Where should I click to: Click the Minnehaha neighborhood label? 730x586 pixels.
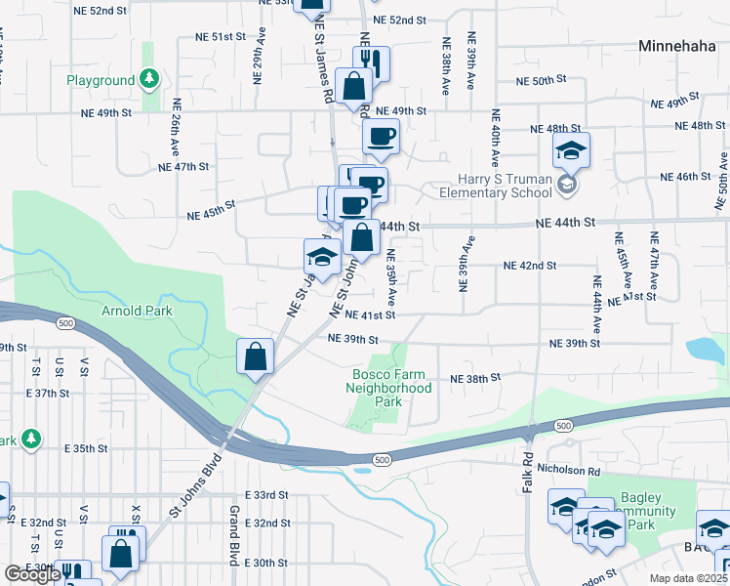[679, 46]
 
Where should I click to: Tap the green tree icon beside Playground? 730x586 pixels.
[148, 77]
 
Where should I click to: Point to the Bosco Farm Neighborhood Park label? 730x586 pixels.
[388, 388]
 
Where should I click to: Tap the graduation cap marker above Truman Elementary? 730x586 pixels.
[571, 150]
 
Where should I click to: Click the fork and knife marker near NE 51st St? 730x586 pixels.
[371, 64]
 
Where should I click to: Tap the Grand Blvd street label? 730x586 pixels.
[233, 535]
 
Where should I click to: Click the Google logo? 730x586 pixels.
[32, 574]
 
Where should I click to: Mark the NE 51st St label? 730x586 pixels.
[219, 36]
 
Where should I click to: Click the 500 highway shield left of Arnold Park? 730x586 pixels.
[65, 322]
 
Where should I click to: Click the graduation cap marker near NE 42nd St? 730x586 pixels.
[321, 258]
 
